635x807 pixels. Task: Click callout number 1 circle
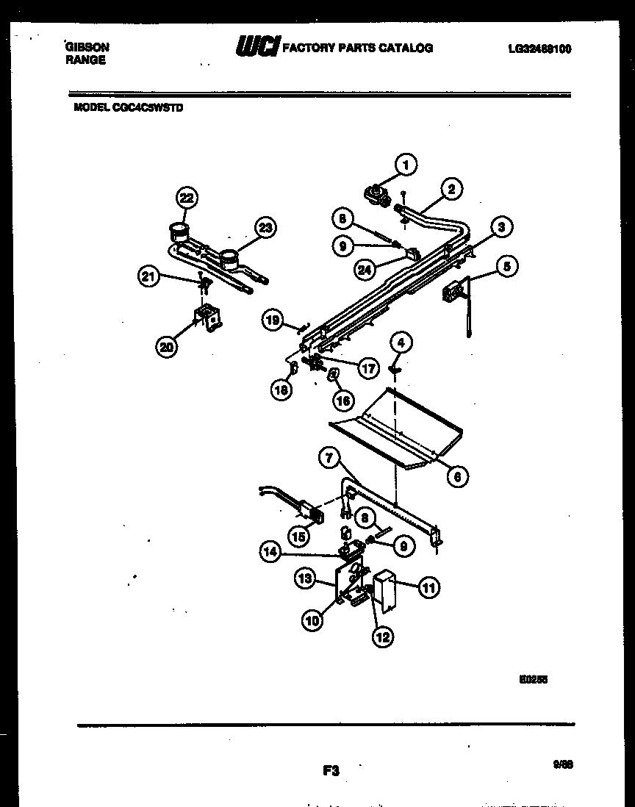pos(405,165)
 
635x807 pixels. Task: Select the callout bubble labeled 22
pos(187,198)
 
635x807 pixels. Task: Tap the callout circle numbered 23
pos(265,228)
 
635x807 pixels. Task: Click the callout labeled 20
pos(167,346)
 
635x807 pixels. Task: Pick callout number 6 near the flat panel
pos(456,477)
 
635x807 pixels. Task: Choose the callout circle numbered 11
pos(429,587)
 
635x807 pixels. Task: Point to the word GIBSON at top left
pos(87,46)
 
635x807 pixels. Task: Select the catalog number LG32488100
pos(539,49)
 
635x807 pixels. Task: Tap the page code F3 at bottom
pos(330,771)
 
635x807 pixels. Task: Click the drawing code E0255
pos(533,680)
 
